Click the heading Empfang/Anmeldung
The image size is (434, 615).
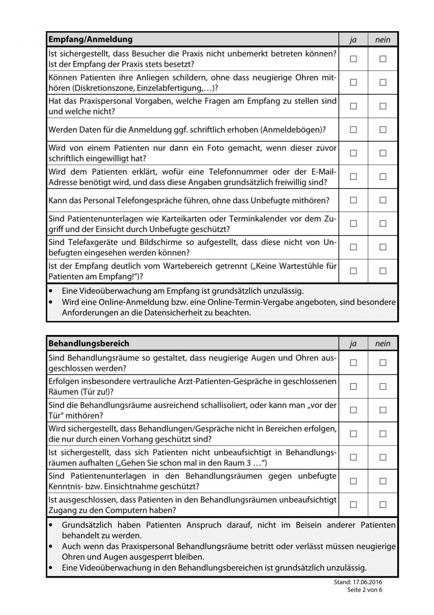pyautogui.click(x=90, y=40)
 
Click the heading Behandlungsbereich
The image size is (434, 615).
pyautogui.click(x=89, y=344)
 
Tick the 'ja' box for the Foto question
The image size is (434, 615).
pyautogui.click(x=353, y=153)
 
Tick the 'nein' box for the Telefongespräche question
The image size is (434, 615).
pyautogui.click(x=383, y=200)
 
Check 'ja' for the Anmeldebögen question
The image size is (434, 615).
pyautogui.click(x=353, y=129)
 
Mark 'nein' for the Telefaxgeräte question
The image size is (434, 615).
pyautogui.click(x=383, y=247)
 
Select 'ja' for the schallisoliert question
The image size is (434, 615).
pyautogui.click(x=353, y=410)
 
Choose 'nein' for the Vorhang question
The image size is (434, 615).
pyautogui.click(x=383, y=434)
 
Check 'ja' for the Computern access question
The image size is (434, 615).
pyautogui.click(x=353, y=504)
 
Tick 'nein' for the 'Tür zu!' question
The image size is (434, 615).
pyautogui.click(x=383, y=386)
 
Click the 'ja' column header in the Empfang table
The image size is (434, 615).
pyautogui.click(x=353, y=40)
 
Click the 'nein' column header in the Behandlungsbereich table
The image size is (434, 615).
pyautogui.click(x=383, y=344)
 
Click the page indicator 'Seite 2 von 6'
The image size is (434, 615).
pyautogui.click(x=365, y=590)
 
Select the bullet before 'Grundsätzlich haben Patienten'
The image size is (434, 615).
pyautogui.click(x=53, y=525)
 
